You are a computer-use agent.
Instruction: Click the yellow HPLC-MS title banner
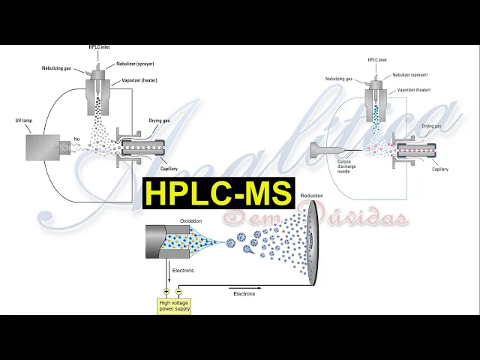tap(218, 193)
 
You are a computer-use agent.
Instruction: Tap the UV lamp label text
tap(25, 121)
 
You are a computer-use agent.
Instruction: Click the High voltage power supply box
tap(174, 306)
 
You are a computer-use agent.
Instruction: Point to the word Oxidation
tap(190, 221)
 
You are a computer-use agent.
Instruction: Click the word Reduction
tap(311, 196)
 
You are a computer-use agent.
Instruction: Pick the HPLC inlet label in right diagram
tap(378, 59)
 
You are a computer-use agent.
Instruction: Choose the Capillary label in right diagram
tap(439, 169)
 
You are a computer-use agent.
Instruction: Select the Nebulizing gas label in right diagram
tap(339, 78)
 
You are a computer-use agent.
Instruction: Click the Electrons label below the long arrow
tap(244, 293)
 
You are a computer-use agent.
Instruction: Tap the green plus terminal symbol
tap(166, 291)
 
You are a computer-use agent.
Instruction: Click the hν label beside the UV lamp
tap(76, 138)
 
